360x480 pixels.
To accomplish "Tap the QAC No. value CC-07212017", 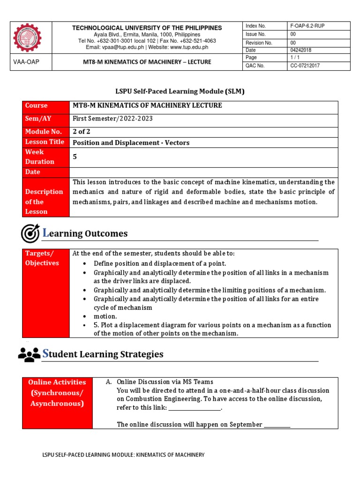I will (x=304, y=66).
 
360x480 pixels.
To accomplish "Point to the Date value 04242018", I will (x=300, y=50).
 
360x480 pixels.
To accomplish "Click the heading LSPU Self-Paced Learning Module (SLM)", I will (x=180, y=91).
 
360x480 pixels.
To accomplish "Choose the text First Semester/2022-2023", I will (x=112, y=119).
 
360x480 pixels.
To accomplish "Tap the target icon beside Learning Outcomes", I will (x=30, y=233).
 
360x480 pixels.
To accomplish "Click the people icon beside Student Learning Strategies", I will (x=29, y=354).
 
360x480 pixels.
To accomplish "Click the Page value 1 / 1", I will (x=295, y=58).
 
